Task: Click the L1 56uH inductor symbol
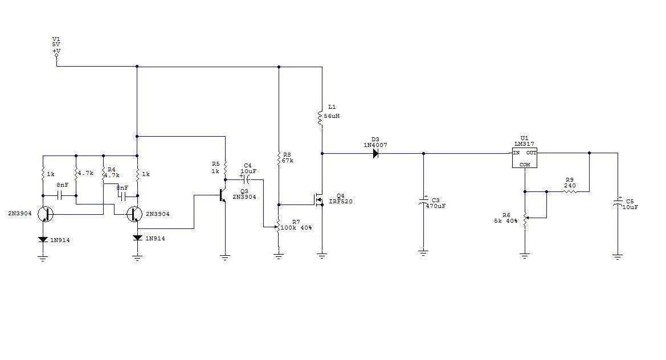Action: pyautogui.click(x=322, y=117)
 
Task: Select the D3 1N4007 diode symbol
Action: pyautogui.click(x=376, y=153)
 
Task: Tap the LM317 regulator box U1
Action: pyautogui.click(x=525, y=158)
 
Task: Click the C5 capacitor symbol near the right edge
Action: pyautogui.click(x=618, y=203)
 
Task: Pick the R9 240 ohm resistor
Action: pyautogui.click(x=569, y=192)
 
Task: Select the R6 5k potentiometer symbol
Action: pyautogui.click(x=525, y=217)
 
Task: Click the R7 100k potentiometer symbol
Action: pyautogui.click(x=279, y=226)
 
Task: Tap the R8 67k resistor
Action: pyautogui.click(x=279, y=158)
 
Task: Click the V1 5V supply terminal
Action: pyautogui.click(x=56, y=55)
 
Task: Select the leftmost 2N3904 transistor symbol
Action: pyautogui.click(x=44, y=214)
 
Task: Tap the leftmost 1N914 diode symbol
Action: pyautogui.click(x=42, y=240)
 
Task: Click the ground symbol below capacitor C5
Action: pyautogui.click(x=618, y=256)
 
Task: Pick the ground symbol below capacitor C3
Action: pyautogui.click(x=423, y=252)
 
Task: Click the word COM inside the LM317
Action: pyautogui.click(x=524, y=164)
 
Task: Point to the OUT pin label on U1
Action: pyautogui.click(x=532, y=153)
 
